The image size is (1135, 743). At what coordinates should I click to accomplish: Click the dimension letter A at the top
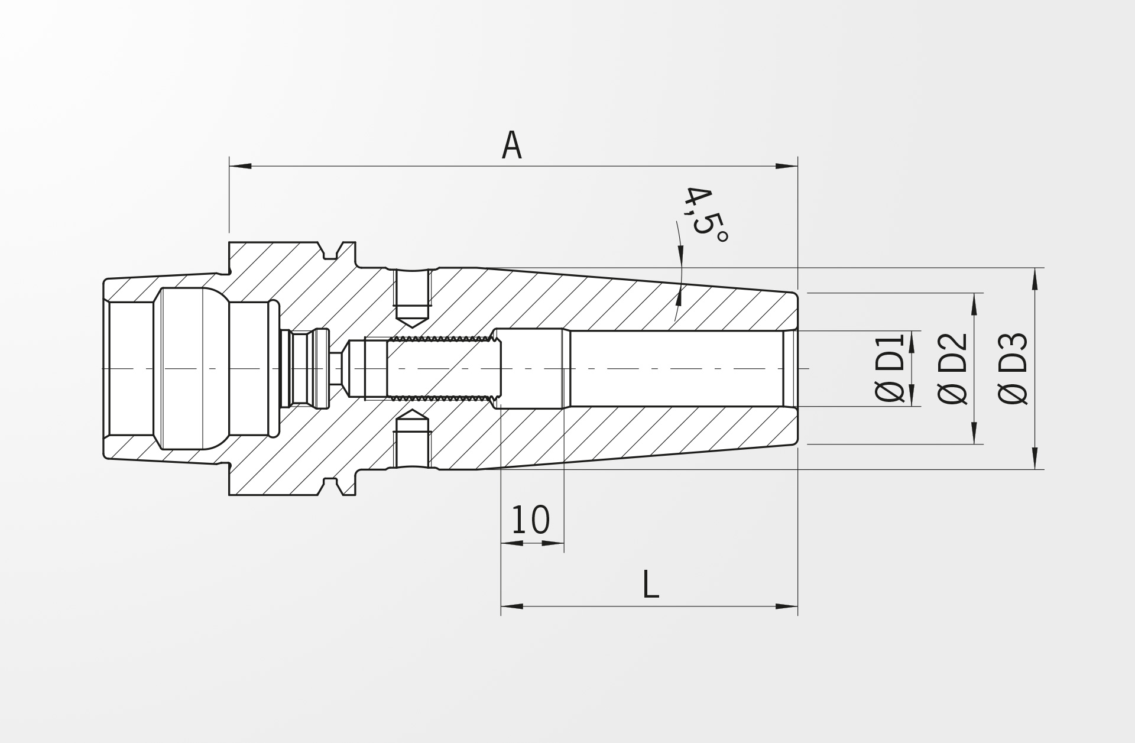pos(511,145)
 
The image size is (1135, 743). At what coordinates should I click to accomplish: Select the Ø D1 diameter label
pos(890,368)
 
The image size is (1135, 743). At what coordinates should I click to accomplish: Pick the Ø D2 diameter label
pos(952,368)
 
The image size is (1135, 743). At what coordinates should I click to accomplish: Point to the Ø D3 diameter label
pos(1013,368)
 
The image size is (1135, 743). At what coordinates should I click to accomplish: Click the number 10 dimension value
pos(530,520)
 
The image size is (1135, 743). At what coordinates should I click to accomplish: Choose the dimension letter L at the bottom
pos(650,584)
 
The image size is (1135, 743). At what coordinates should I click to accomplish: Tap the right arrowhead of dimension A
pos(786,166)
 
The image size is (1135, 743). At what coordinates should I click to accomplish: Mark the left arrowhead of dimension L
pos(512,606)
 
